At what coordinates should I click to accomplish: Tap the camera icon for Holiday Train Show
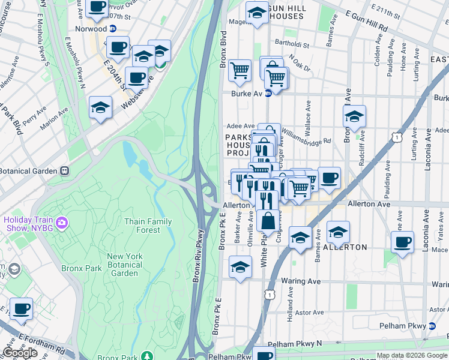pos(63,223)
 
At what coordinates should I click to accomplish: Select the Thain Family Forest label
pos(148,226)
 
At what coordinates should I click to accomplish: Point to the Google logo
pos(20,353)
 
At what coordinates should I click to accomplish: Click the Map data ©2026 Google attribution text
pos(412,355)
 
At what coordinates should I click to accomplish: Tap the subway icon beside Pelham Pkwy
pos(432,326)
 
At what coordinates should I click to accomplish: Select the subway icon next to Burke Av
pos(268,94)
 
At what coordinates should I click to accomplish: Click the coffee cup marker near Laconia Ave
pos(402,242)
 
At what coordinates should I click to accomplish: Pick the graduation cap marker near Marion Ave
pos(101,108)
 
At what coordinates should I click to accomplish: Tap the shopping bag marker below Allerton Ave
pos(268,220)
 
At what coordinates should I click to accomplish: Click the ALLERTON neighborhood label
pos(345,247)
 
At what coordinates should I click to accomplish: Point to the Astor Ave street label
pos(310,313)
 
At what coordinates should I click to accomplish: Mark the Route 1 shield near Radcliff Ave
pos(396,137)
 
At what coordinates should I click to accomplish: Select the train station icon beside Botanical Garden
pos(66,170)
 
